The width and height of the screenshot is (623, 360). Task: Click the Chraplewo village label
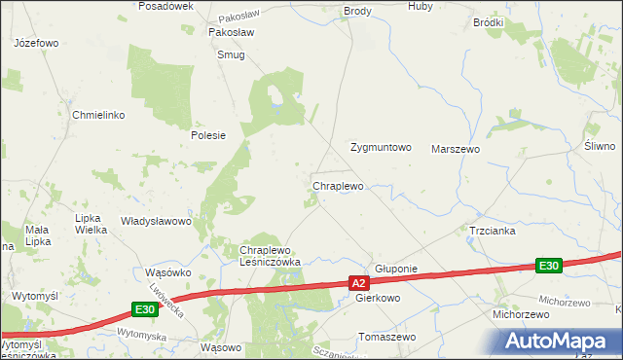coord(338,185)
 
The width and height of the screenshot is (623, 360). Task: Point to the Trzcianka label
coord(492,232)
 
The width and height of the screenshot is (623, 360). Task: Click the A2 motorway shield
coord(360,283)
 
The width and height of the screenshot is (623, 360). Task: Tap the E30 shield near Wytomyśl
coord(144,309)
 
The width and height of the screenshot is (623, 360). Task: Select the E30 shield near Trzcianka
coord(549,266)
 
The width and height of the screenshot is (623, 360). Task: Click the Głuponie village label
coord(396,269)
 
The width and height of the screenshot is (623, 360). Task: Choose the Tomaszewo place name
coord(387,337)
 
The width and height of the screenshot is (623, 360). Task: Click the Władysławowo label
coord(156,221)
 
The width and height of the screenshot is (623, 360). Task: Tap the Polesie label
coord(208,135)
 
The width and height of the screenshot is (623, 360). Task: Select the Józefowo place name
coord(37,44)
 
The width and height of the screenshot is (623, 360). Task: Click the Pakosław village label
coord(232,32)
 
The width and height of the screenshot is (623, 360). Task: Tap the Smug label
coord(232,55)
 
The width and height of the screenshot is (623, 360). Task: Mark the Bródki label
coord(488,21)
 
